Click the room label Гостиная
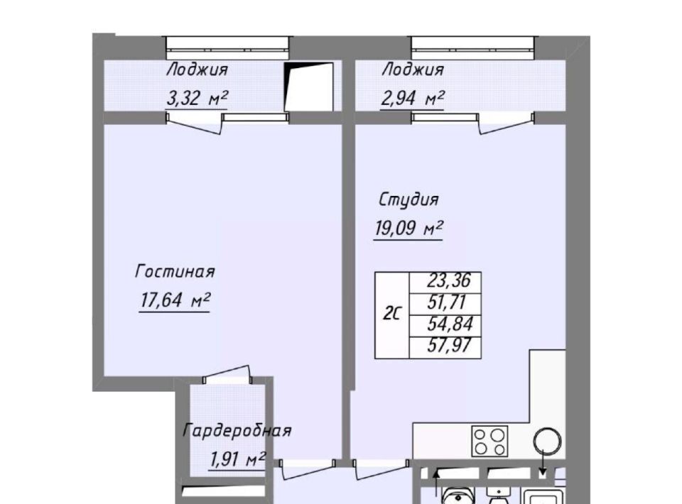tap(175, 272)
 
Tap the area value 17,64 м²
tap(175, 300)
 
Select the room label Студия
tap(408, 200)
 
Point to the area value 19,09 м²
tap(408, 228)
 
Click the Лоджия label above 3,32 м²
tap(197, 70)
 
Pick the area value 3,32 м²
tap(197, 98)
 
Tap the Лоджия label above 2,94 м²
tap(412, 70)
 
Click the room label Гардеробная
tap(237, 431)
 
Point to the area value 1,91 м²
tap(237, 459)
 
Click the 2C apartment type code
tap(392, 314)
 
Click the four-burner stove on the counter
tap(489, 441)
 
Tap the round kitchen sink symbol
tap(547, 442)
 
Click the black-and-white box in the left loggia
tap(309, 87)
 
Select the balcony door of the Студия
tap(507, 124)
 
